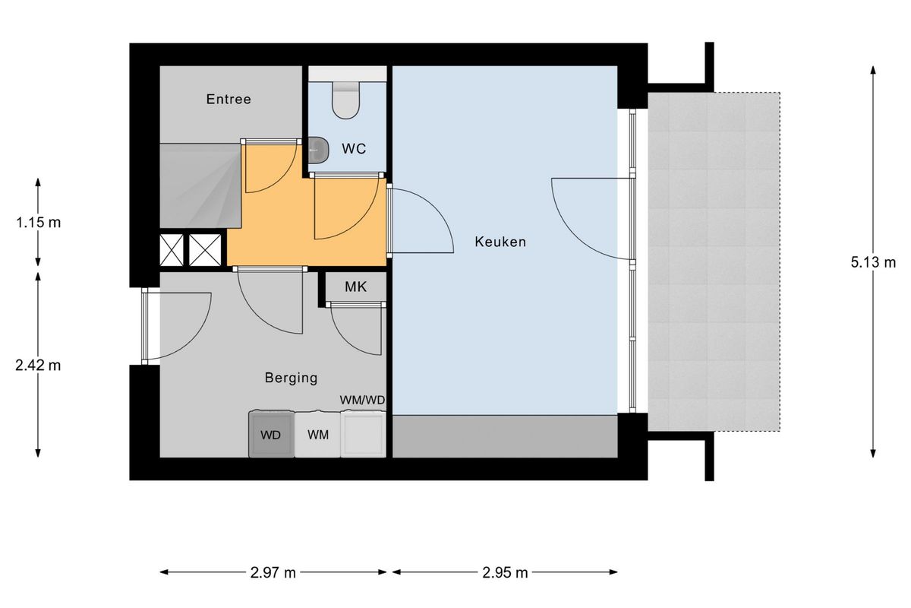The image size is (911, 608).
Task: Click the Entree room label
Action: pyautogui.click(x=229, y=99)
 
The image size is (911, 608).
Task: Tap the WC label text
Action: pyautogui.click(x=354, y=149)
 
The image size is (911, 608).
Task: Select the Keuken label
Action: pyautogui.click(x=500, y=242)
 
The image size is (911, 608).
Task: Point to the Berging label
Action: pyautogui.click(x=292, y=378)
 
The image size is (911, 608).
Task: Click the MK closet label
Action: pyautogui.click(x=356, y=287)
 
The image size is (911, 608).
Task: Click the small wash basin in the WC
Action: pyautogui.click(x=318, y=150)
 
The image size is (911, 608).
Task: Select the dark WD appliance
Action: pyautogui.click(x=271, y=434)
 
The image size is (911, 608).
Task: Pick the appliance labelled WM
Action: pyautogui.click(x=317, y=435)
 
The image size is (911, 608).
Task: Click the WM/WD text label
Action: pyautogui.click(x=362, y=401)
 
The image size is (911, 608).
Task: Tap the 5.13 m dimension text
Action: pyautogui.click(x=873, y=263)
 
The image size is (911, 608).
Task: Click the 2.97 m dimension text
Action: pyautogui.click(x=273, y=573)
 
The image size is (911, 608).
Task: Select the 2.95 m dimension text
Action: pyautogui.click(x=505, y=573)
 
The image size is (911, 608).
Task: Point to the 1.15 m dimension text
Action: pyautogui.click(x=38, y=223)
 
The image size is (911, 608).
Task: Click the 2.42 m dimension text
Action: pyautogui.click(x=38, y=366)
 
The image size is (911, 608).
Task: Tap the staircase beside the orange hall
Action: pyautogui.click(x=200, y=185)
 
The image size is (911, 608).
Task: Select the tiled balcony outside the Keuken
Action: pyautogui.click(x=714, y=262)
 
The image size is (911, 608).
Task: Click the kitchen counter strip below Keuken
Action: pyautogui.click(x=505, y=436)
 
